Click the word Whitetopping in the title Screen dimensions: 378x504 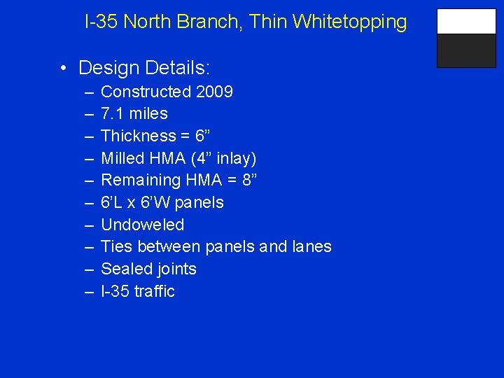(x=350, y=22)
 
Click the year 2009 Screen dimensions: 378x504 (x=215, y=92)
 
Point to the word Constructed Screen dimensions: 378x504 (x=146, y=92)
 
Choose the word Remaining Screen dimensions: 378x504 (x=141, y=181)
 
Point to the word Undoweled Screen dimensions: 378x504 (x=143, y=225)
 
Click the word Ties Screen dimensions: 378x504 (x=116, y=247)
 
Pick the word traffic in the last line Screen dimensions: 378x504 (x=154, y=291)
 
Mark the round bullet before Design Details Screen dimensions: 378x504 (x=63, y=69)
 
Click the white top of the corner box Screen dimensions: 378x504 (x=466, y=22)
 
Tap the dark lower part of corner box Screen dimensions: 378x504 (x=466, y=50)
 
